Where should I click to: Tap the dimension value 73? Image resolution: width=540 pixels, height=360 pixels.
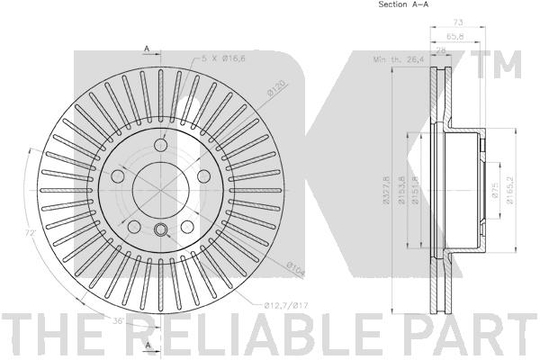click(x=458, y=22)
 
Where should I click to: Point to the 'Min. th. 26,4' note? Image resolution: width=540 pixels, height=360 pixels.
click(x=399, y=59)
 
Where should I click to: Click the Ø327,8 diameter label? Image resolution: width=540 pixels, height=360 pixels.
click(x=386, y=190)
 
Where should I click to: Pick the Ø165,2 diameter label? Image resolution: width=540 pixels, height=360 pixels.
click(x=510, y=190)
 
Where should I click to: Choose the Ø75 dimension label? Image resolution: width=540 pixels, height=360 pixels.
click(x=496, y=190)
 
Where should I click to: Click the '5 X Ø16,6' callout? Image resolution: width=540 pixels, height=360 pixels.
click(x=223, y=58)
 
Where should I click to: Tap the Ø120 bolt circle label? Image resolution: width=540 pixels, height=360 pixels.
click(x=276, y=88)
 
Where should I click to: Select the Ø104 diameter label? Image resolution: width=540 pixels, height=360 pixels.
click(x=296, y=269)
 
